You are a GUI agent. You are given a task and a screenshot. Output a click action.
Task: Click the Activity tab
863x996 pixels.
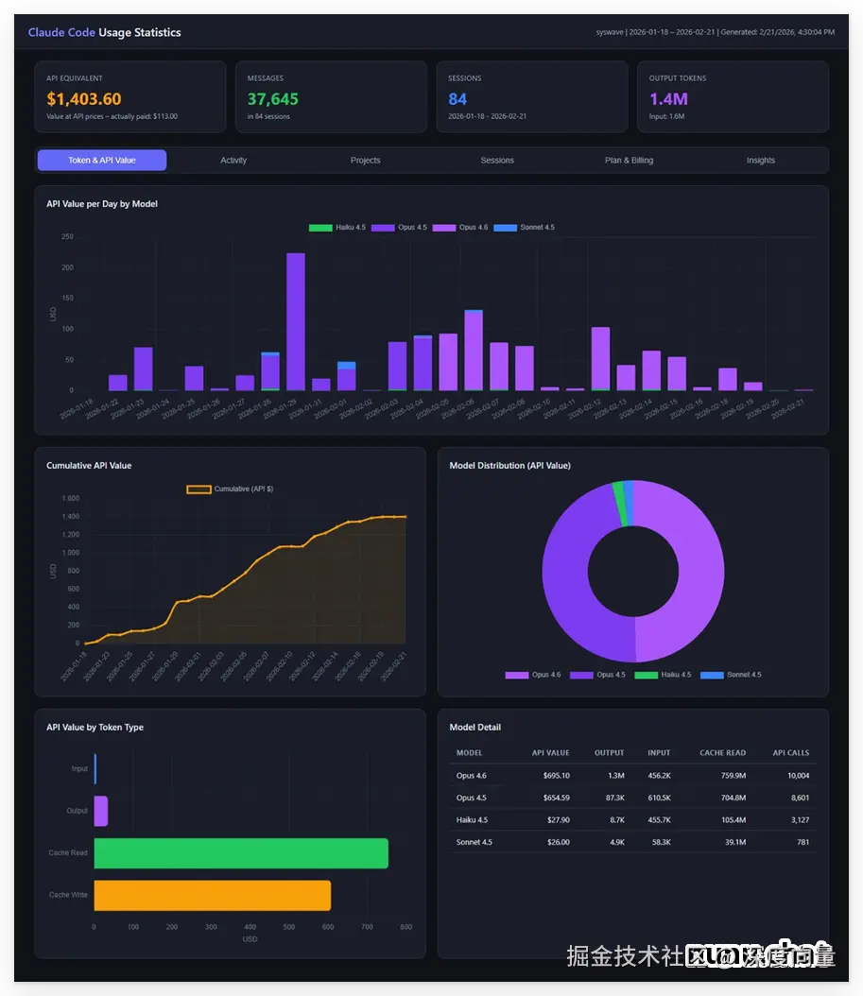(x=233, y=161)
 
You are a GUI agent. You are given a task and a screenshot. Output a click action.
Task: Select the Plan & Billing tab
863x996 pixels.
(x=629, y=161)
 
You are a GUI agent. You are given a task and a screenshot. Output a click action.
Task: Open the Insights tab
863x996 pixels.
(x=760, y=161)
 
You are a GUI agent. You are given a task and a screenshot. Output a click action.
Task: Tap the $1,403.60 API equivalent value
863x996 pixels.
(x=84, y=99)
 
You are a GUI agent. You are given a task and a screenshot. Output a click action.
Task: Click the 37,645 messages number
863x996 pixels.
(x=273, y=99)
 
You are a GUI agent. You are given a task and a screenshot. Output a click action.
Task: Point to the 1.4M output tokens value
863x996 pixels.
(x=668, y=99)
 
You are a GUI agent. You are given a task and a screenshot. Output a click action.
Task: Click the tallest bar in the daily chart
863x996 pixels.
(x=296, y=321)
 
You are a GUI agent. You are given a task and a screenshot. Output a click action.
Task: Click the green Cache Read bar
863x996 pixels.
(x=241, y=853)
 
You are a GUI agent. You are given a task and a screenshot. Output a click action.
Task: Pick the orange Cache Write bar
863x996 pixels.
(x=213, y=895)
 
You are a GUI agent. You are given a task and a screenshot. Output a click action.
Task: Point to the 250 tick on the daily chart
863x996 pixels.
(x=67, y=237)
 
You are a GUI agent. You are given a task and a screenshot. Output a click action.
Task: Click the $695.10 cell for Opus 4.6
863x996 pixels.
(x=550, y=776)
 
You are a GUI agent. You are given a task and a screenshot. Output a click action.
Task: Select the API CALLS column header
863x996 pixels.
(x=790, y=753)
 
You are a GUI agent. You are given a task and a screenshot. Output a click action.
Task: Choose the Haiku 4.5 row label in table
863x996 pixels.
(x=472, y=820)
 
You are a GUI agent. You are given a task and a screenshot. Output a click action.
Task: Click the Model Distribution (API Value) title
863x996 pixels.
(x=509, y=466)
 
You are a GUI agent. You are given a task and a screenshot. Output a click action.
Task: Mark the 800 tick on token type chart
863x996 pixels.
(x=406, y=927)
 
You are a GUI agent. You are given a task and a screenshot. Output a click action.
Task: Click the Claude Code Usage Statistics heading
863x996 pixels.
(x=104, y=32)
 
